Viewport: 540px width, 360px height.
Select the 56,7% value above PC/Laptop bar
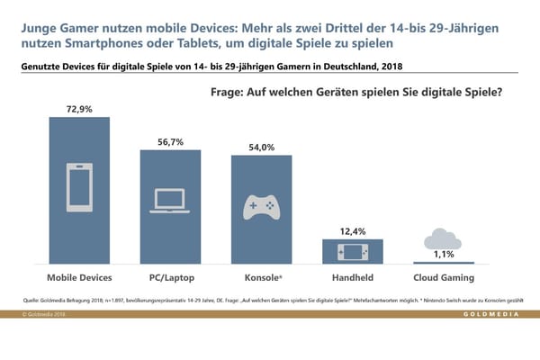[x=170, y=140]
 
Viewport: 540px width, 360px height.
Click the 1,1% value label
[x=444, y=255]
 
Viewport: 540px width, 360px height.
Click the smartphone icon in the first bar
[x=78, y=189]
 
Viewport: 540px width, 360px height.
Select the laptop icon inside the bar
[x=170, y=200]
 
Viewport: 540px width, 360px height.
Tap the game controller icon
[x=261, y=207]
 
